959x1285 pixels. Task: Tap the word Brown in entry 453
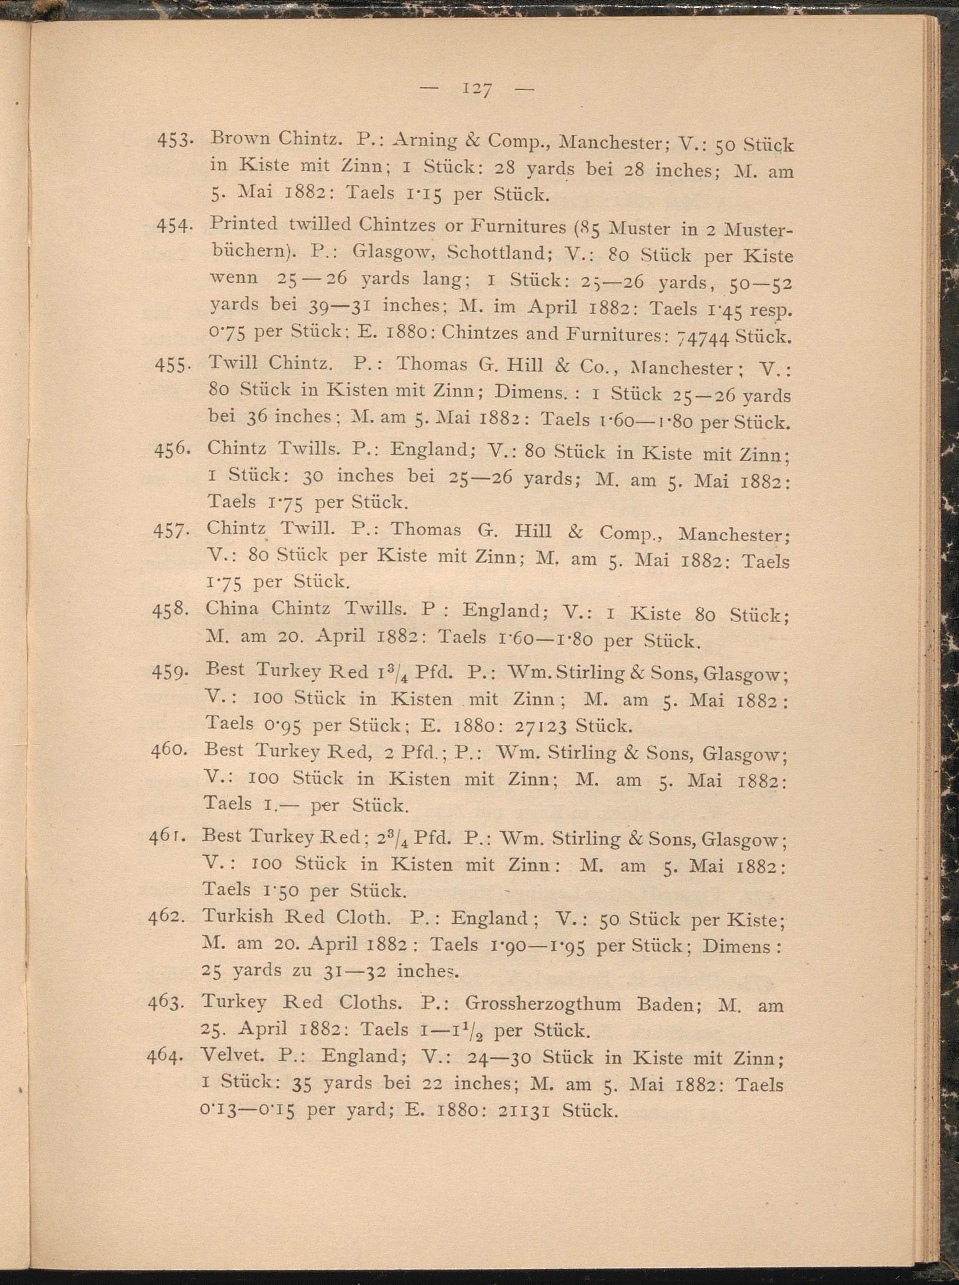tap(238, 139)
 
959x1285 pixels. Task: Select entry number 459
tap(168, 672)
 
